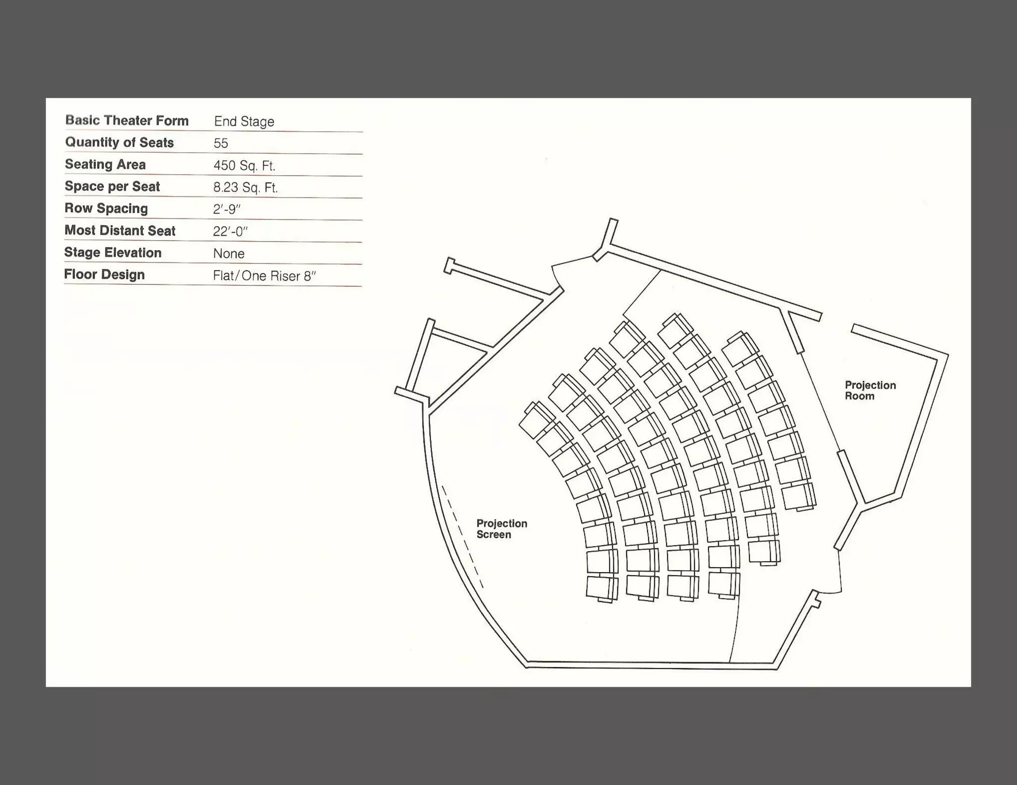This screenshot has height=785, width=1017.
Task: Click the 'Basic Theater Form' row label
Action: click(x=127, y=121)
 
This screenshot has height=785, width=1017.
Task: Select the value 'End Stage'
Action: click(x=244, y=122)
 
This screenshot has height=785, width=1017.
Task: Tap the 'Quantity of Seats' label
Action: click(x=119, y=142)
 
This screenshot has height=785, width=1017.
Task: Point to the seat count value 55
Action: click(x=220, y=143)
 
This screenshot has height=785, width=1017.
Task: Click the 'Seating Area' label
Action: click(x=105, y=164)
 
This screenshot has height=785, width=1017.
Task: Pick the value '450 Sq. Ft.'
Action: click(x=244, y=166)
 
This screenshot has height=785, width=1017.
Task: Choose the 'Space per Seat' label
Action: click(x=112, y=187)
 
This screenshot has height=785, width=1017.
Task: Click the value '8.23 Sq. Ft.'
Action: click(x=245, y=188)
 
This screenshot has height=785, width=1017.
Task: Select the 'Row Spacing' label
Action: click(x=106, y=208)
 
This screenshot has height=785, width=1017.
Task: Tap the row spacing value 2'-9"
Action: click(x=226, y=209)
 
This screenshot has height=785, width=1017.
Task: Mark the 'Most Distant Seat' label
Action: click(x=120, y=231)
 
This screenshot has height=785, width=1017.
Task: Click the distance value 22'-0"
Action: click(x=230, y=232)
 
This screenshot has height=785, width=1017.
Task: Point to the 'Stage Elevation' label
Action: click(x=113, y=253)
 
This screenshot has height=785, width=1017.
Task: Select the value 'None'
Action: click(x=228, y=254)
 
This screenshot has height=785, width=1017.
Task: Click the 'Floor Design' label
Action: click(x=104, y=274)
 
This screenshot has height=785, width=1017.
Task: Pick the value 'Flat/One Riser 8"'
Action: click(x=264, y=276)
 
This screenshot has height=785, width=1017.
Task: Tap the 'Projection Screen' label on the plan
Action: click(x=502, y=529)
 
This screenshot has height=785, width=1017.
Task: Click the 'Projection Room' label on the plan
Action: click(x=870, y=391)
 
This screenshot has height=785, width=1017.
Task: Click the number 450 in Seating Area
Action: click(x=224, y=166)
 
